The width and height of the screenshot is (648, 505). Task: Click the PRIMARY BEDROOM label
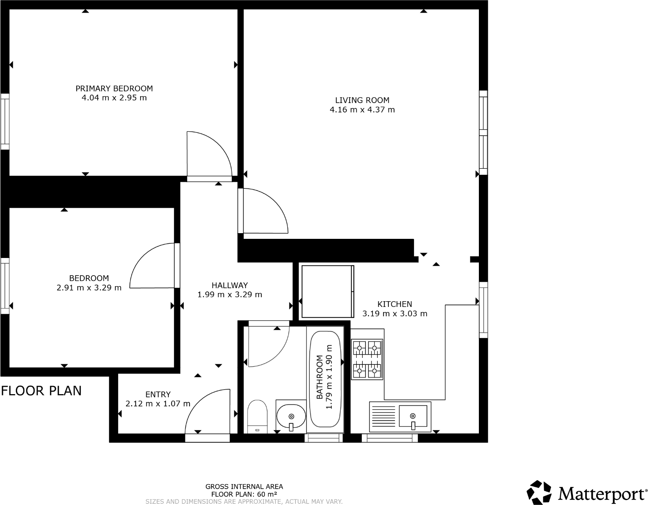114,88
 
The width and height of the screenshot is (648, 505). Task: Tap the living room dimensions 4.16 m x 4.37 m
362,110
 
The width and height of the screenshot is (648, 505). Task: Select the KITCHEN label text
395,304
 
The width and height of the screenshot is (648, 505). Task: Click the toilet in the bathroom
257,417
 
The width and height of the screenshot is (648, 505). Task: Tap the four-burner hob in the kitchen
367,359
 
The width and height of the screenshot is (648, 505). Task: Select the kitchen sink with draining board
400,417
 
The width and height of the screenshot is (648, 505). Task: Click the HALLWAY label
229,285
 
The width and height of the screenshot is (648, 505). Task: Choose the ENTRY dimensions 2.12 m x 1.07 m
158,404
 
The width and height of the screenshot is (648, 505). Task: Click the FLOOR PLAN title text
41,390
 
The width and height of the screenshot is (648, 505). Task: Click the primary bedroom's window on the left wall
5,121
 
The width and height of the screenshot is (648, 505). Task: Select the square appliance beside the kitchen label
326,291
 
